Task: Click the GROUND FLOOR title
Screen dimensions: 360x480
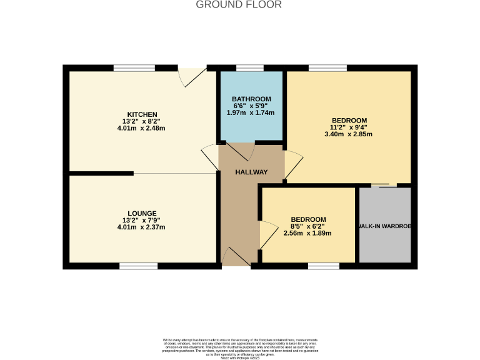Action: (x=239, y=5)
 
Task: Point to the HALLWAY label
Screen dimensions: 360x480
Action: (x=251, y=172)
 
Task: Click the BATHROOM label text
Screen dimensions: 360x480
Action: (x=251, y=99)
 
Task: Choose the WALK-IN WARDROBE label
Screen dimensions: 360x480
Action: (x=384, y=226)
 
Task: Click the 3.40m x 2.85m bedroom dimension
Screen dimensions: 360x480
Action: (x=349, y=134)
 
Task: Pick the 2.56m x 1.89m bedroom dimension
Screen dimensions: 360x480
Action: (x=307, y=233)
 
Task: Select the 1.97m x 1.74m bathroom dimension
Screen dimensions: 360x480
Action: (x=251, y=112)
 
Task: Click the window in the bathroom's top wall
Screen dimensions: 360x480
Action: (x=250, y=67)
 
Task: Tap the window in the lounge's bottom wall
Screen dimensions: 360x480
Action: (x=138, y=266)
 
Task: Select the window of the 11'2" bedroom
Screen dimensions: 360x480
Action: (x=327, y=67)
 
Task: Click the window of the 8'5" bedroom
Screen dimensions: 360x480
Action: (x=323, y=266)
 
